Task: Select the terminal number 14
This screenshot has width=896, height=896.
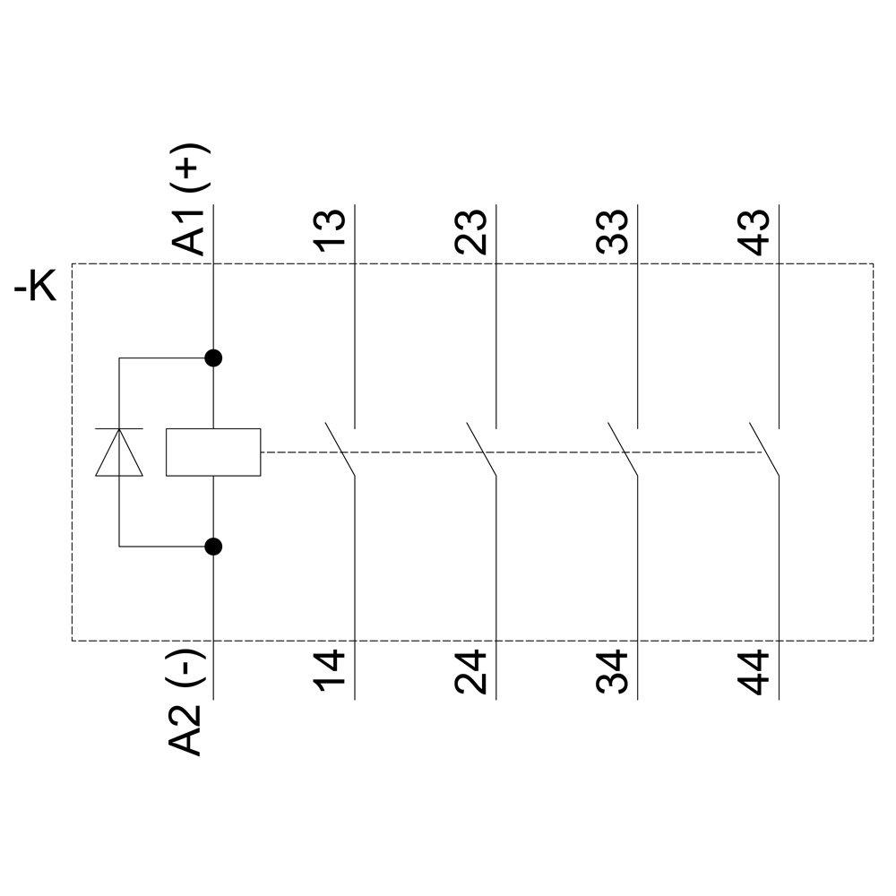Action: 331,674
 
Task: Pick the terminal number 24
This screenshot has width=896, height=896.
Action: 471,674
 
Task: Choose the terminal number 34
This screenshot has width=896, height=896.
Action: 613,674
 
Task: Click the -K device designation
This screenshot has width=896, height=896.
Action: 36,289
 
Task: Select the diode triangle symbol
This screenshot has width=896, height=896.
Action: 119,452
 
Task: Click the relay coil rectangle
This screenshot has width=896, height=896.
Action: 213,452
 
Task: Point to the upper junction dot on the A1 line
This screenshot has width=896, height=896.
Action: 213,358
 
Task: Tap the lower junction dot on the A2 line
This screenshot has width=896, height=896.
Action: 213,546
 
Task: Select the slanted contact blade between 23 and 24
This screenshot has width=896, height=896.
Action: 481,448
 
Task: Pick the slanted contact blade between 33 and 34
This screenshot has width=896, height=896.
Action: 623,448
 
